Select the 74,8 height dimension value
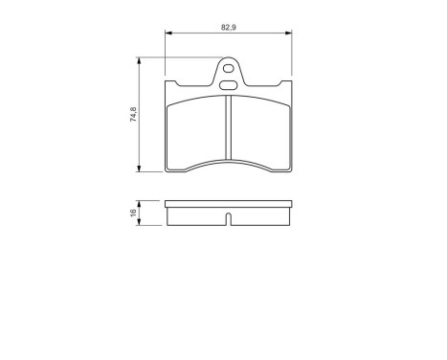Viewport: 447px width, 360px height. click(x=132, y=114)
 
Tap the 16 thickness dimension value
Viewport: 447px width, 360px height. click(x=132, y=214)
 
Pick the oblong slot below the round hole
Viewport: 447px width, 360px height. click(x=229, y=84)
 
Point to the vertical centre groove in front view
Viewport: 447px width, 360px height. click(x=228, y=134)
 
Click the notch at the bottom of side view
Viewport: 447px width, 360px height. click(x=228, y=221)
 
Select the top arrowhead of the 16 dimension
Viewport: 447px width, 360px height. click(x=141, y=203)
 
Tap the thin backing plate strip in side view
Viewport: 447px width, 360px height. click(x=228, y=204)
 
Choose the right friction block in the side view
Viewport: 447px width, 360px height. click(x=258, y=215)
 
